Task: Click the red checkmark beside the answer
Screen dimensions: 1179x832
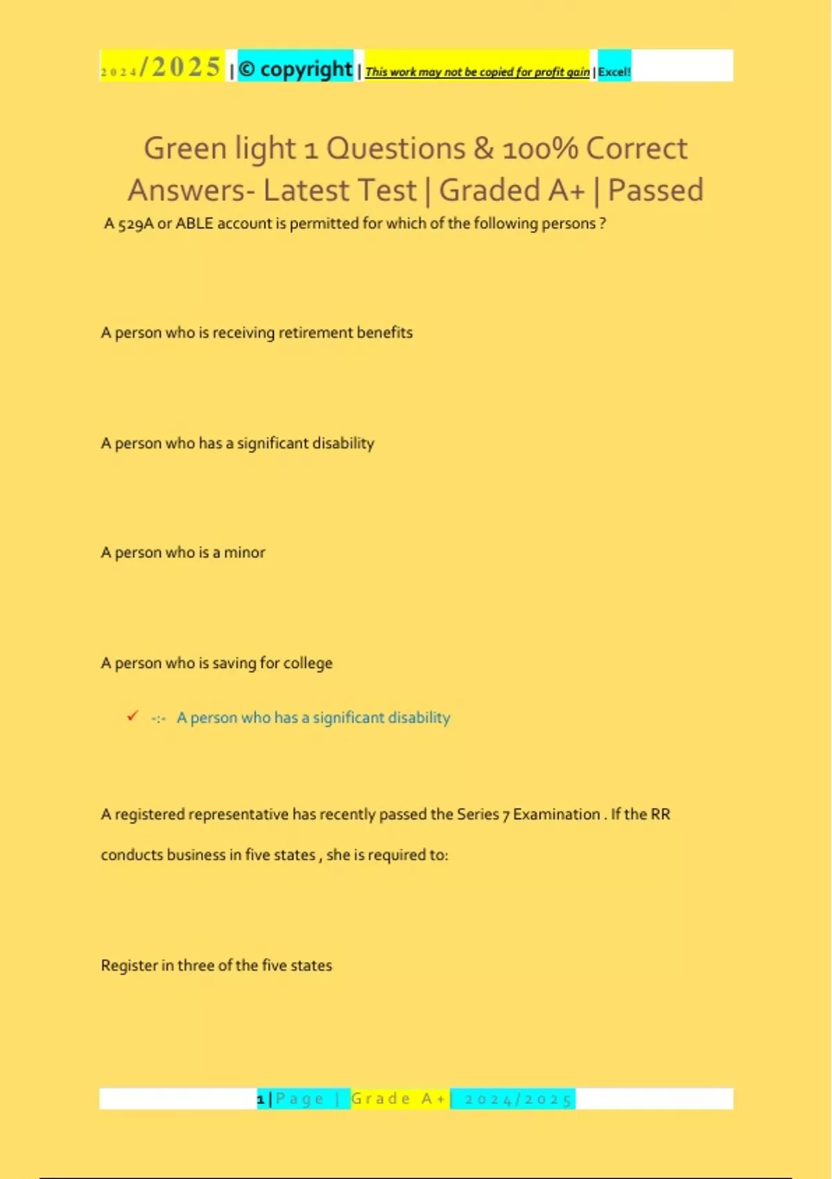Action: coord(132,716)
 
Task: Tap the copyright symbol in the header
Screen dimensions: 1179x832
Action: coord(247,69)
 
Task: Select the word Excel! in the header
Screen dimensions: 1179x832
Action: coord(614,71)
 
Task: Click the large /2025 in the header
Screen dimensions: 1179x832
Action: coord(180,67)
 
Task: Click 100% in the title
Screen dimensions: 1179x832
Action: coord(540,148)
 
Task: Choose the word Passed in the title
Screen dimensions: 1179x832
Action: coord(655,190)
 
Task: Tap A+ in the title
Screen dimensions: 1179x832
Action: coord(566,190)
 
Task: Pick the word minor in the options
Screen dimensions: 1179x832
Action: coord(244,553)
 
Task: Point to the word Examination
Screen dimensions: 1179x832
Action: coord(556,814)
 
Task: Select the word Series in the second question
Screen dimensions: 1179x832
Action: coord(478,814)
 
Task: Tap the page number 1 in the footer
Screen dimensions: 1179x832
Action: coord(261,1099)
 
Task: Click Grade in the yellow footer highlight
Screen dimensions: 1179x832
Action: coord(381,1099)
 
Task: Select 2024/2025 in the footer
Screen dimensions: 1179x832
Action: coord(518,1099)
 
